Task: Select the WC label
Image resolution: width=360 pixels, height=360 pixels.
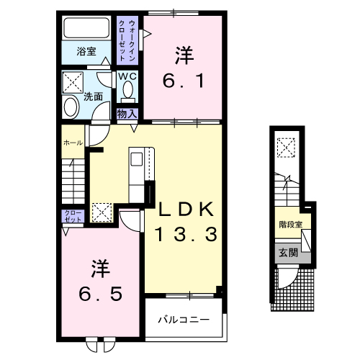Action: (x=127, y=76)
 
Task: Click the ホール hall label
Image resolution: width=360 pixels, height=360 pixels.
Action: (x=72, y=143)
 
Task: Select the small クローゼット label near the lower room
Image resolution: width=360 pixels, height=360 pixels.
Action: (x=73, y=216)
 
